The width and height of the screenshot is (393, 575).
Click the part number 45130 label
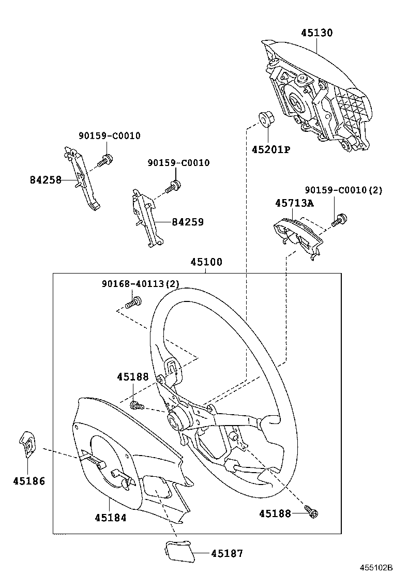317,33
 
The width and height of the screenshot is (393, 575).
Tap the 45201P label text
270,150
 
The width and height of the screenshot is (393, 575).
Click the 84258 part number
46,180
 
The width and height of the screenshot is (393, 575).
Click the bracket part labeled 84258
82,178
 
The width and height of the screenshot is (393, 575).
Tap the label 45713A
294,203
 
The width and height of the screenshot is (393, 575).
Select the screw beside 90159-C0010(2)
339,219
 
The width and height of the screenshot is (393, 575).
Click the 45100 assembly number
206,262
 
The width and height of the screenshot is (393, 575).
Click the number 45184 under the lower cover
111,517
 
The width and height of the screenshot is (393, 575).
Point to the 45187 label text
226,554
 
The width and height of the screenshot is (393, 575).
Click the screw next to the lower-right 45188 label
312,512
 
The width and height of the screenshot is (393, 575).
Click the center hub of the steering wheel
177,419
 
